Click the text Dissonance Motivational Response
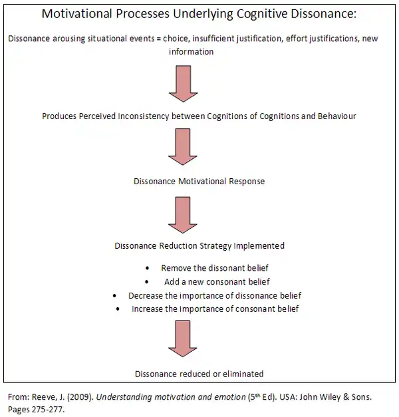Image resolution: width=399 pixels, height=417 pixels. [199, 180]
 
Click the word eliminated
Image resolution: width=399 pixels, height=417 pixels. [240, 374]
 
